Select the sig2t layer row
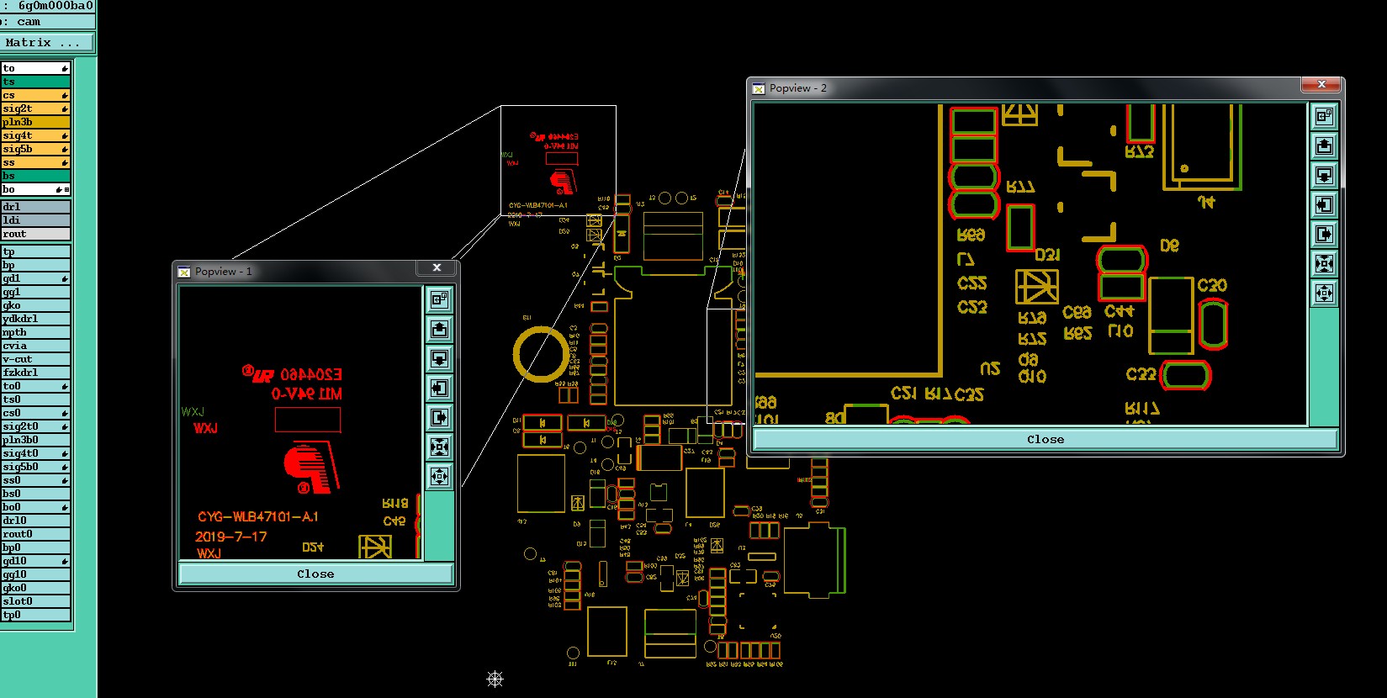tap(34, 108)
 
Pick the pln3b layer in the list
tap(34, 122)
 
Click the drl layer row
tap(34, 207)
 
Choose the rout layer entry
tap(34, 234)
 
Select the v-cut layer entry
tap(34, 359)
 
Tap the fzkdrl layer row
tap(34, 373)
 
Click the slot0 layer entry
tap(34, 601)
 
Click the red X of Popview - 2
tap(1321, 85)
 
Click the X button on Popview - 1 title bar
tap(437, 267)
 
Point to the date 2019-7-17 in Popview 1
tap(231, 537)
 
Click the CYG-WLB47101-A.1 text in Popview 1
tap(258, 516)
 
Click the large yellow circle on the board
tap(541, 354)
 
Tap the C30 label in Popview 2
tap(1212, 286)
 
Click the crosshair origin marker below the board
tap(495, 679)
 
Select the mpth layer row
tap(34, 332)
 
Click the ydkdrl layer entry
tap(34, 319)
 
